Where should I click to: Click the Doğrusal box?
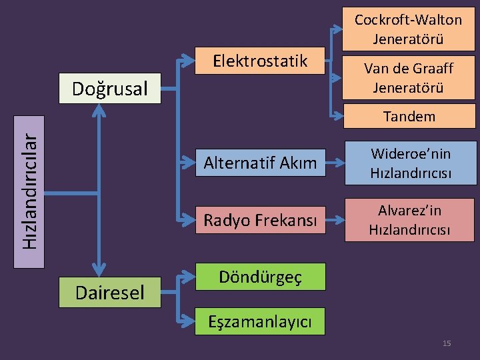click(x=110, y=89)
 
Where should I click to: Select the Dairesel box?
click(x=110, y=292)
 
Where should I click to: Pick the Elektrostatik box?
click(x=260, y=61)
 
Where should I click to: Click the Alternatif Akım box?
click(x=260, y=163)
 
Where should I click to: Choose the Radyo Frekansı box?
click(x=260, y=219)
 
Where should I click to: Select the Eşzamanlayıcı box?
click(x=260, y=321)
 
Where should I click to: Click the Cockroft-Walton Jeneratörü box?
click(x=408, y=29)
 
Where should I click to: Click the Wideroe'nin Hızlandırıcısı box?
click(x=411, y=163)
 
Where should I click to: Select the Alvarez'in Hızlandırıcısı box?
click(x=409, y=220)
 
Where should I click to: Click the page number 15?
click(x=447, y=343)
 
